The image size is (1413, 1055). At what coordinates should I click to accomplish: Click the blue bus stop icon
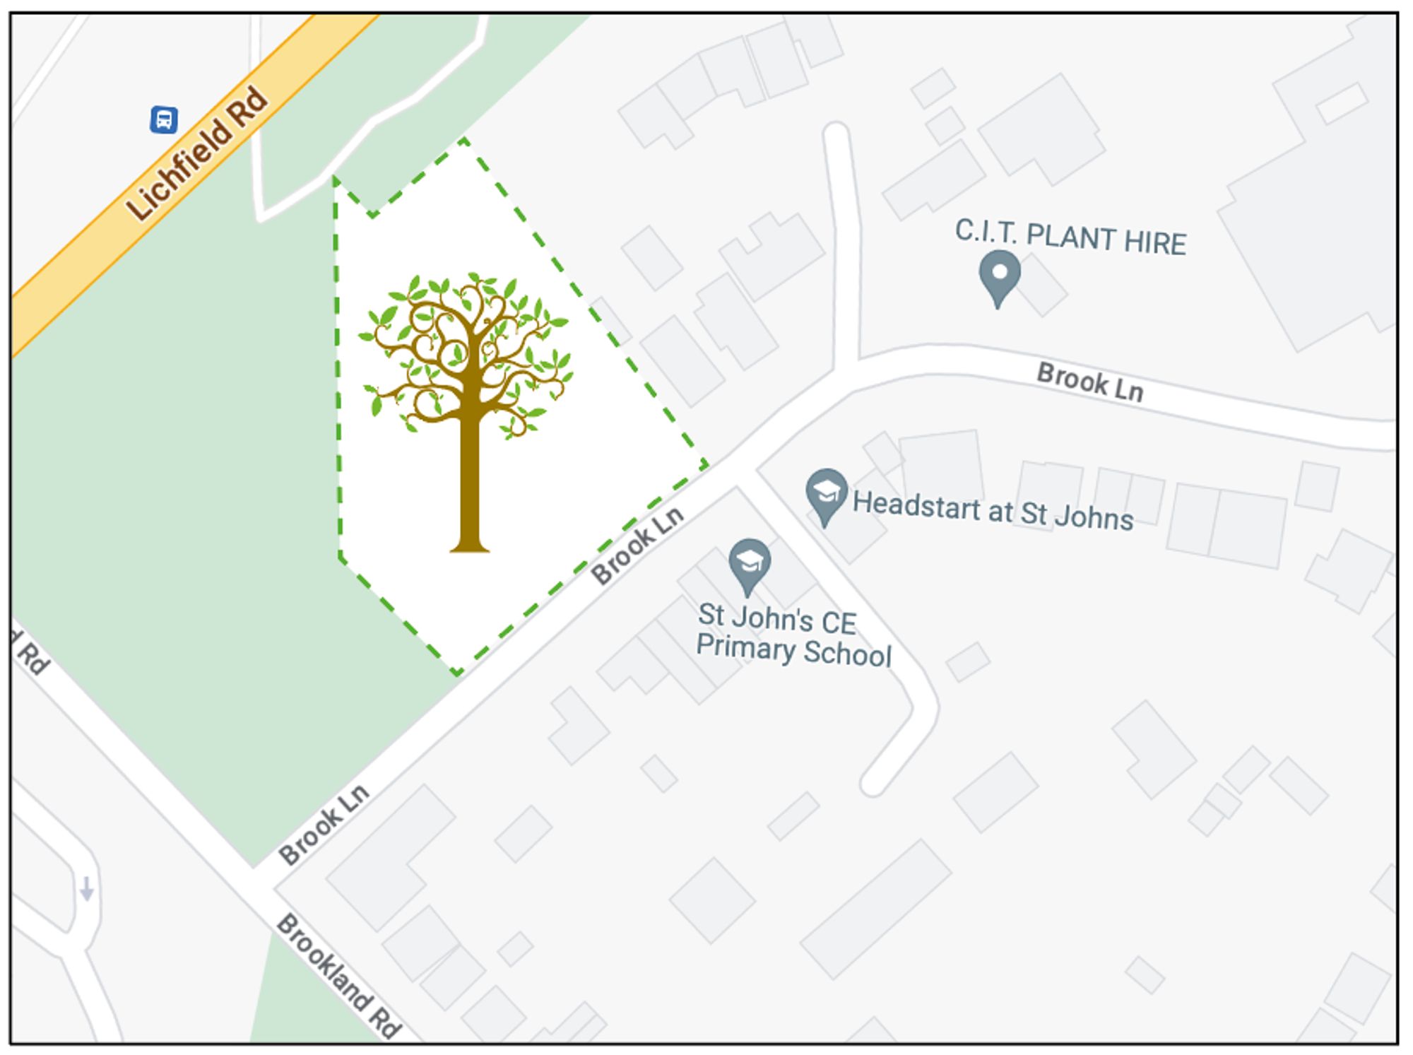164,119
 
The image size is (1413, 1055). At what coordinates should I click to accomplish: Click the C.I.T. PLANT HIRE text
1070,237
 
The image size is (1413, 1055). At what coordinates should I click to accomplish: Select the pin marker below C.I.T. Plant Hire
999,275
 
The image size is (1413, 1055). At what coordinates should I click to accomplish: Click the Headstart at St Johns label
993,509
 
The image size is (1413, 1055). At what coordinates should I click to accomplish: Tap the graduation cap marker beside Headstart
826,493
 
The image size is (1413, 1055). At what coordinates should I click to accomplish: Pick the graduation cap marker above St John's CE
749,563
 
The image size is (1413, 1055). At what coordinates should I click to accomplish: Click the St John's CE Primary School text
793,635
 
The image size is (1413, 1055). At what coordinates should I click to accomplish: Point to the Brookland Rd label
338,976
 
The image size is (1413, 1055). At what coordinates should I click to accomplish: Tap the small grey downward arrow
87,889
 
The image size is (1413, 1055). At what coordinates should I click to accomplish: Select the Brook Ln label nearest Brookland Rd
324,824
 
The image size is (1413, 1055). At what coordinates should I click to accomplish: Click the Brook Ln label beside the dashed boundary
637,546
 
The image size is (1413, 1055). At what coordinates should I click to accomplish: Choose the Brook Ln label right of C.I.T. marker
1089,382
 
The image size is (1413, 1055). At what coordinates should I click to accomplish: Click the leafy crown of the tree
466,346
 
